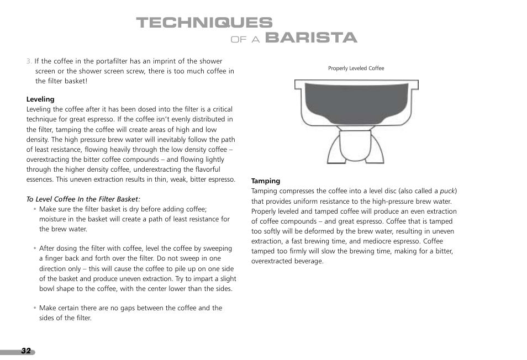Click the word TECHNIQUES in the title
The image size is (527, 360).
click(x=204, y=23)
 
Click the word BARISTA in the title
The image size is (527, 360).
click(x=311, y=38)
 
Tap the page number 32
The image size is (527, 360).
click(x=26, y=351)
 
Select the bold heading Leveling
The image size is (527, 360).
click(x=40, y=99)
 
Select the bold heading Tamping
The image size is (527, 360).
click(x=266, y=181)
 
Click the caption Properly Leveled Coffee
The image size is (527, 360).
click(x=356, y=68)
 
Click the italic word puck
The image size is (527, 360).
click(x=447, y=191)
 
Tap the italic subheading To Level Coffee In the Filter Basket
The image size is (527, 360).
click(x=83, y=199)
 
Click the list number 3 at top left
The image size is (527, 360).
click(x=29, y=61)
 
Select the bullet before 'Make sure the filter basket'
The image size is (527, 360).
click(x=35, y=209)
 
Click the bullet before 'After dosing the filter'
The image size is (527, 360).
click(x=35, y=249)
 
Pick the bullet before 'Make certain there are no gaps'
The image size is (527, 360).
click(x=35, y=308)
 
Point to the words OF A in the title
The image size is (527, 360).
click(x=245, y=40)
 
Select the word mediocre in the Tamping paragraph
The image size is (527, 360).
click(x=377, y=241)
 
